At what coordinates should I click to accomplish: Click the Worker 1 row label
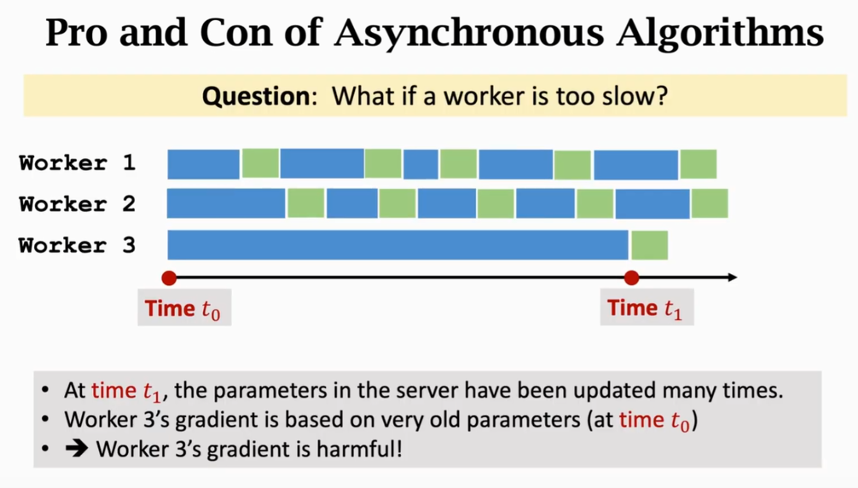77,163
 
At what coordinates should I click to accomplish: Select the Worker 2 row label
77,205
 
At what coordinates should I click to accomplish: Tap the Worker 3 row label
77,246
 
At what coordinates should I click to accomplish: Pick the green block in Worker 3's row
649,245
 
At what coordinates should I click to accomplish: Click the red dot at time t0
169,278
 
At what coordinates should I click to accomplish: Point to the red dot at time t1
632,278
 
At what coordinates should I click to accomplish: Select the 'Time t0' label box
184,308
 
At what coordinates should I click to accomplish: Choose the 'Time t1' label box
647,308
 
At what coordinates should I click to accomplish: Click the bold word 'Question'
256,96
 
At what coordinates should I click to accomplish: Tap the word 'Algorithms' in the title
720,33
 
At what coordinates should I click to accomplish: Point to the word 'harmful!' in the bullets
360,449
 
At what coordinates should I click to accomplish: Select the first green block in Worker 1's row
260,163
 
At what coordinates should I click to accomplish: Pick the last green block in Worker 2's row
709,204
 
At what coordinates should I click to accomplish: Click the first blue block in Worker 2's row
226,204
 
